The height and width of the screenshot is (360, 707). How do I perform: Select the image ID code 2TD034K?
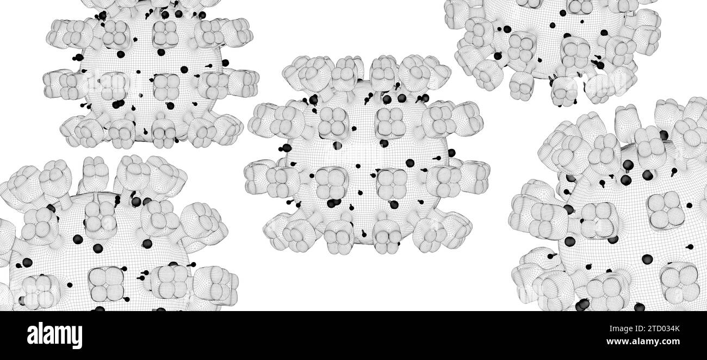663,329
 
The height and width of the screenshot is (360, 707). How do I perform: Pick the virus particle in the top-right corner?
553,47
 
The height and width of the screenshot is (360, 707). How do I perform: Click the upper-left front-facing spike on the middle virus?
333,123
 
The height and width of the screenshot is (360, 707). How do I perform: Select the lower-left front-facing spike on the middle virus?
331,184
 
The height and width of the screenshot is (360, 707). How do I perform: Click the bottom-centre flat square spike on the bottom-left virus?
107,284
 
